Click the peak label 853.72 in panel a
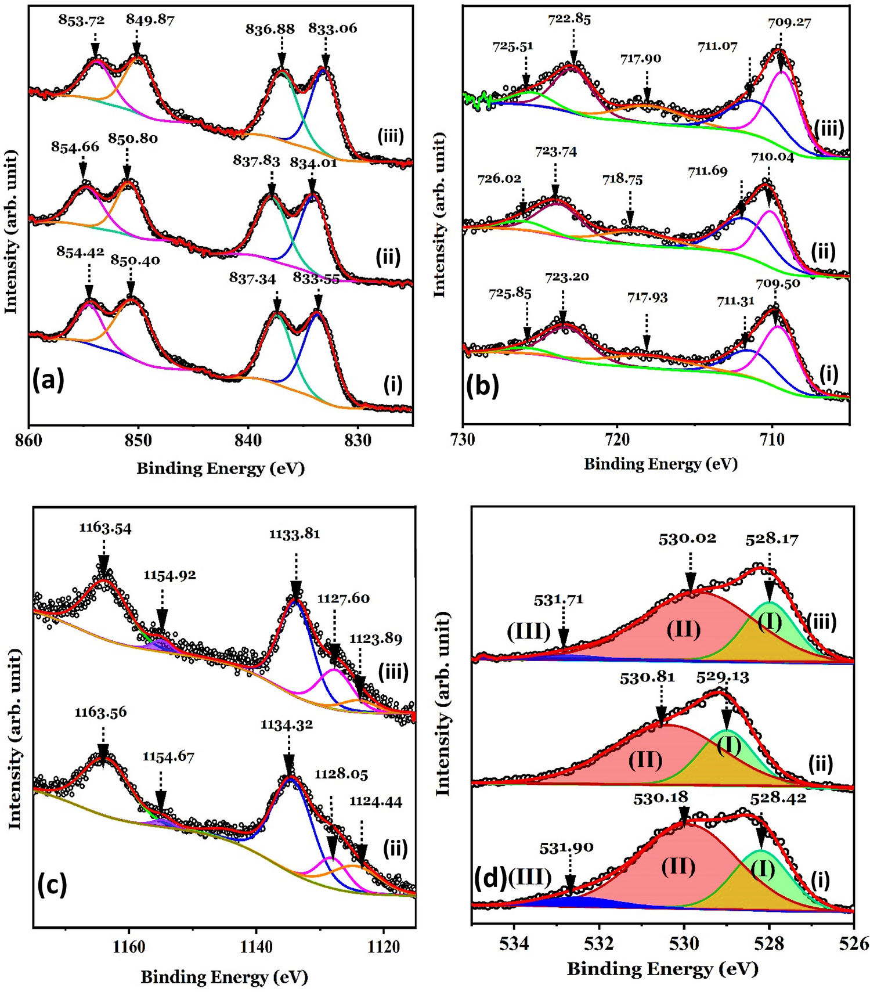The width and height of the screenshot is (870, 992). coord(81,20)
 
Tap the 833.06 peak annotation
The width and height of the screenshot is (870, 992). coord(333,28)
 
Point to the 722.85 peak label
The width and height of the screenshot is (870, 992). coord(569,19)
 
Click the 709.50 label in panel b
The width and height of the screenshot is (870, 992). coord(778,284)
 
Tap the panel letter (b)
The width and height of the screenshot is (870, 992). coord(482,386)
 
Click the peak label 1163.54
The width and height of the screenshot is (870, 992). coord(105,528)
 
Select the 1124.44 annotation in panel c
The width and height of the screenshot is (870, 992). coord(376,802)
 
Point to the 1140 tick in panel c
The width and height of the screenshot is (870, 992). coord(256,947)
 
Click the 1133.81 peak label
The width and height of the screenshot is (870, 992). coord(294,533)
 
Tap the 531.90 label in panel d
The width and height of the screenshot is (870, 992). coord(566,848)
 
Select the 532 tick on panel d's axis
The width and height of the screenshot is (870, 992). coord(599,943)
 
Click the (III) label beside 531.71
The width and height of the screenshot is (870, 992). coord(529,631)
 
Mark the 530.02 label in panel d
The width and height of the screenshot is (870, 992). coord(687,539)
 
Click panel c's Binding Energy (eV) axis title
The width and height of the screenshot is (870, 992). coord(224,977)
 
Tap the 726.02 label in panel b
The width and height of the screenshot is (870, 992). coord(499,179)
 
